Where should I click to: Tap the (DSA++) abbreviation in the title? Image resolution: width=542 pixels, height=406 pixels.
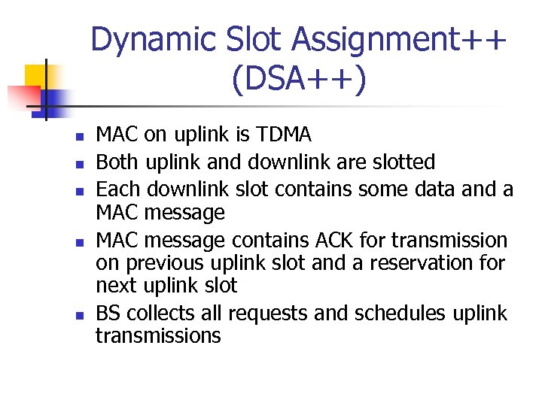[299, 80]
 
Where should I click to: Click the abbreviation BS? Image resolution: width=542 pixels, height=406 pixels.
[108, 313]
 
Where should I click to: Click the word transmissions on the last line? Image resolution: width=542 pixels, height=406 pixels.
[158, 336]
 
